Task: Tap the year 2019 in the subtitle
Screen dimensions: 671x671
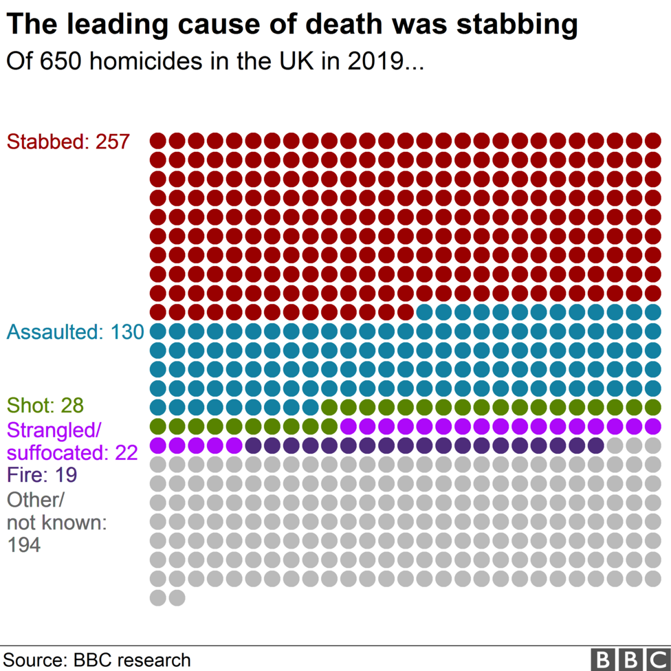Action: click(x=375, y=62)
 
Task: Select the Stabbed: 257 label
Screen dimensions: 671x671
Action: click(x=68, y=142)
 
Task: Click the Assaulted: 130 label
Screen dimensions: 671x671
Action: click(x=75, y=332)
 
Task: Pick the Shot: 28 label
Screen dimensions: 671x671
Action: click(x=45, y=405)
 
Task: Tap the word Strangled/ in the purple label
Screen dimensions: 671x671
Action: click(x=54, y=431)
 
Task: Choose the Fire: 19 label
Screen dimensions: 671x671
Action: click(x=41, y=475)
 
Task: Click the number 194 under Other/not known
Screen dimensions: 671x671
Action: click(x=23, y=546)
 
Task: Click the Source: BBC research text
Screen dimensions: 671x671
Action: click(x=97, y=660)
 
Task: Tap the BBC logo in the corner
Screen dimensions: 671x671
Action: click(x=630, y=659)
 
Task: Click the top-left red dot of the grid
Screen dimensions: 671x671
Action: click(x=158, y=141)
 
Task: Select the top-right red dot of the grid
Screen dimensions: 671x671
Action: click(x=652, y=141)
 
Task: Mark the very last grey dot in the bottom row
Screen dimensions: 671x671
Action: click(x=177, y=597)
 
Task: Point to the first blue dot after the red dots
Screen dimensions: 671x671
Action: click(x=424, y=312)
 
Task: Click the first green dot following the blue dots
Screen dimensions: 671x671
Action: click(x=329, y=407)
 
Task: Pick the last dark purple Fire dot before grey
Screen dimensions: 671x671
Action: click(x=595, y=445)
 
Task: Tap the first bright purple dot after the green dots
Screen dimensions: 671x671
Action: click(x=349, y=426)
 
